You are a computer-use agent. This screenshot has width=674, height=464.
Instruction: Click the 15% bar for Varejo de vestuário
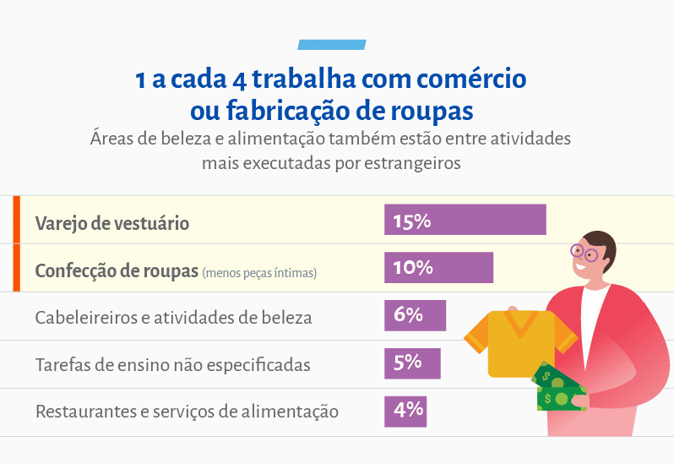coord(465,220)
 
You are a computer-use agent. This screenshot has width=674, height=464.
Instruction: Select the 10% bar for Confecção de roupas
coord(438,268)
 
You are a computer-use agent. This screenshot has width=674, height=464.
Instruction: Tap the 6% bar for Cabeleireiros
coord(415,316)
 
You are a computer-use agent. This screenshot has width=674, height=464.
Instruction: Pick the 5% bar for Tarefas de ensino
coord(412,363)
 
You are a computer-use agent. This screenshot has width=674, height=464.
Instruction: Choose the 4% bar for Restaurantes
coord(405,412)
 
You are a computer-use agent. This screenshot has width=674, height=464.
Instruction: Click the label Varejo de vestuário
coord(111,223)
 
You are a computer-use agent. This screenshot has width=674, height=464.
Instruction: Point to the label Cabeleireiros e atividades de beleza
coord(173,318)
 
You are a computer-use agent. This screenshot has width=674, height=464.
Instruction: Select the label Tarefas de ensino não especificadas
coord(172,365)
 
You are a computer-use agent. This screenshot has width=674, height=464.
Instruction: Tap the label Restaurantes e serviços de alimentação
coord(187,412)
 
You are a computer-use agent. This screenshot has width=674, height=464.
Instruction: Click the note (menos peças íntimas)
coord(259,273)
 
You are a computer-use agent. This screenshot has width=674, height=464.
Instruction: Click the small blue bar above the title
coord(332,44)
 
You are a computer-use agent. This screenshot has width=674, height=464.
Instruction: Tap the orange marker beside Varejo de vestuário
coord(16,220)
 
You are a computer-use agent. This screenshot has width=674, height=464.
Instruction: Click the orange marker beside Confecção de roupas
coord(16,268)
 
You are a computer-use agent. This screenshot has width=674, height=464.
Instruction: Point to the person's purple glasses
coord(584,252)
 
